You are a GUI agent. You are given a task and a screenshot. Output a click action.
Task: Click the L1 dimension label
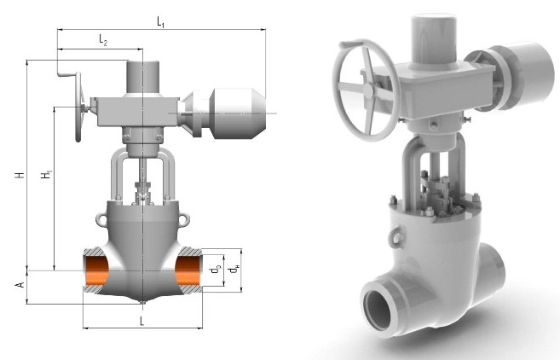[x=161, y=22]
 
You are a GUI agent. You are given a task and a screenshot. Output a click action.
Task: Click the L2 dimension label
[x=103, y=40]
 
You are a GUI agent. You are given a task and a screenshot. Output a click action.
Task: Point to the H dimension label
[x=20, y=175]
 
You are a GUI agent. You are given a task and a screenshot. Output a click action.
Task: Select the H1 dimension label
[x=46, y=175]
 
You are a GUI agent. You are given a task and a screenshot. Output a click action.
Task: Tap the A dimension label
[x=20, y=285]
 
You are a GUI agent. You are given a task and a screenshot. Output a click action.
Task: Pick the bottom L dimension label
[x=141, y=321]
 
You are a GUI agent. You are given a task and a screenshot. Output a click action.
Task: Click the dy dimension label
[x=216, y=270]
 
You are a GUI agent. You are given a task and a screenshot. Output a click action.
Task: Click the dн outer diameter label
[x=234, y=270]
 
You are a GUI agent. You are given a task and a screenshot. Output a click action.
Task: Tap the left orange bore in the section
[x=96, y=270]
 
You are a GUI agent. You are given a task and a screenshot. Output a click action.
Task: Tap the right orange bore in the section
[x=188, y=270]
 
